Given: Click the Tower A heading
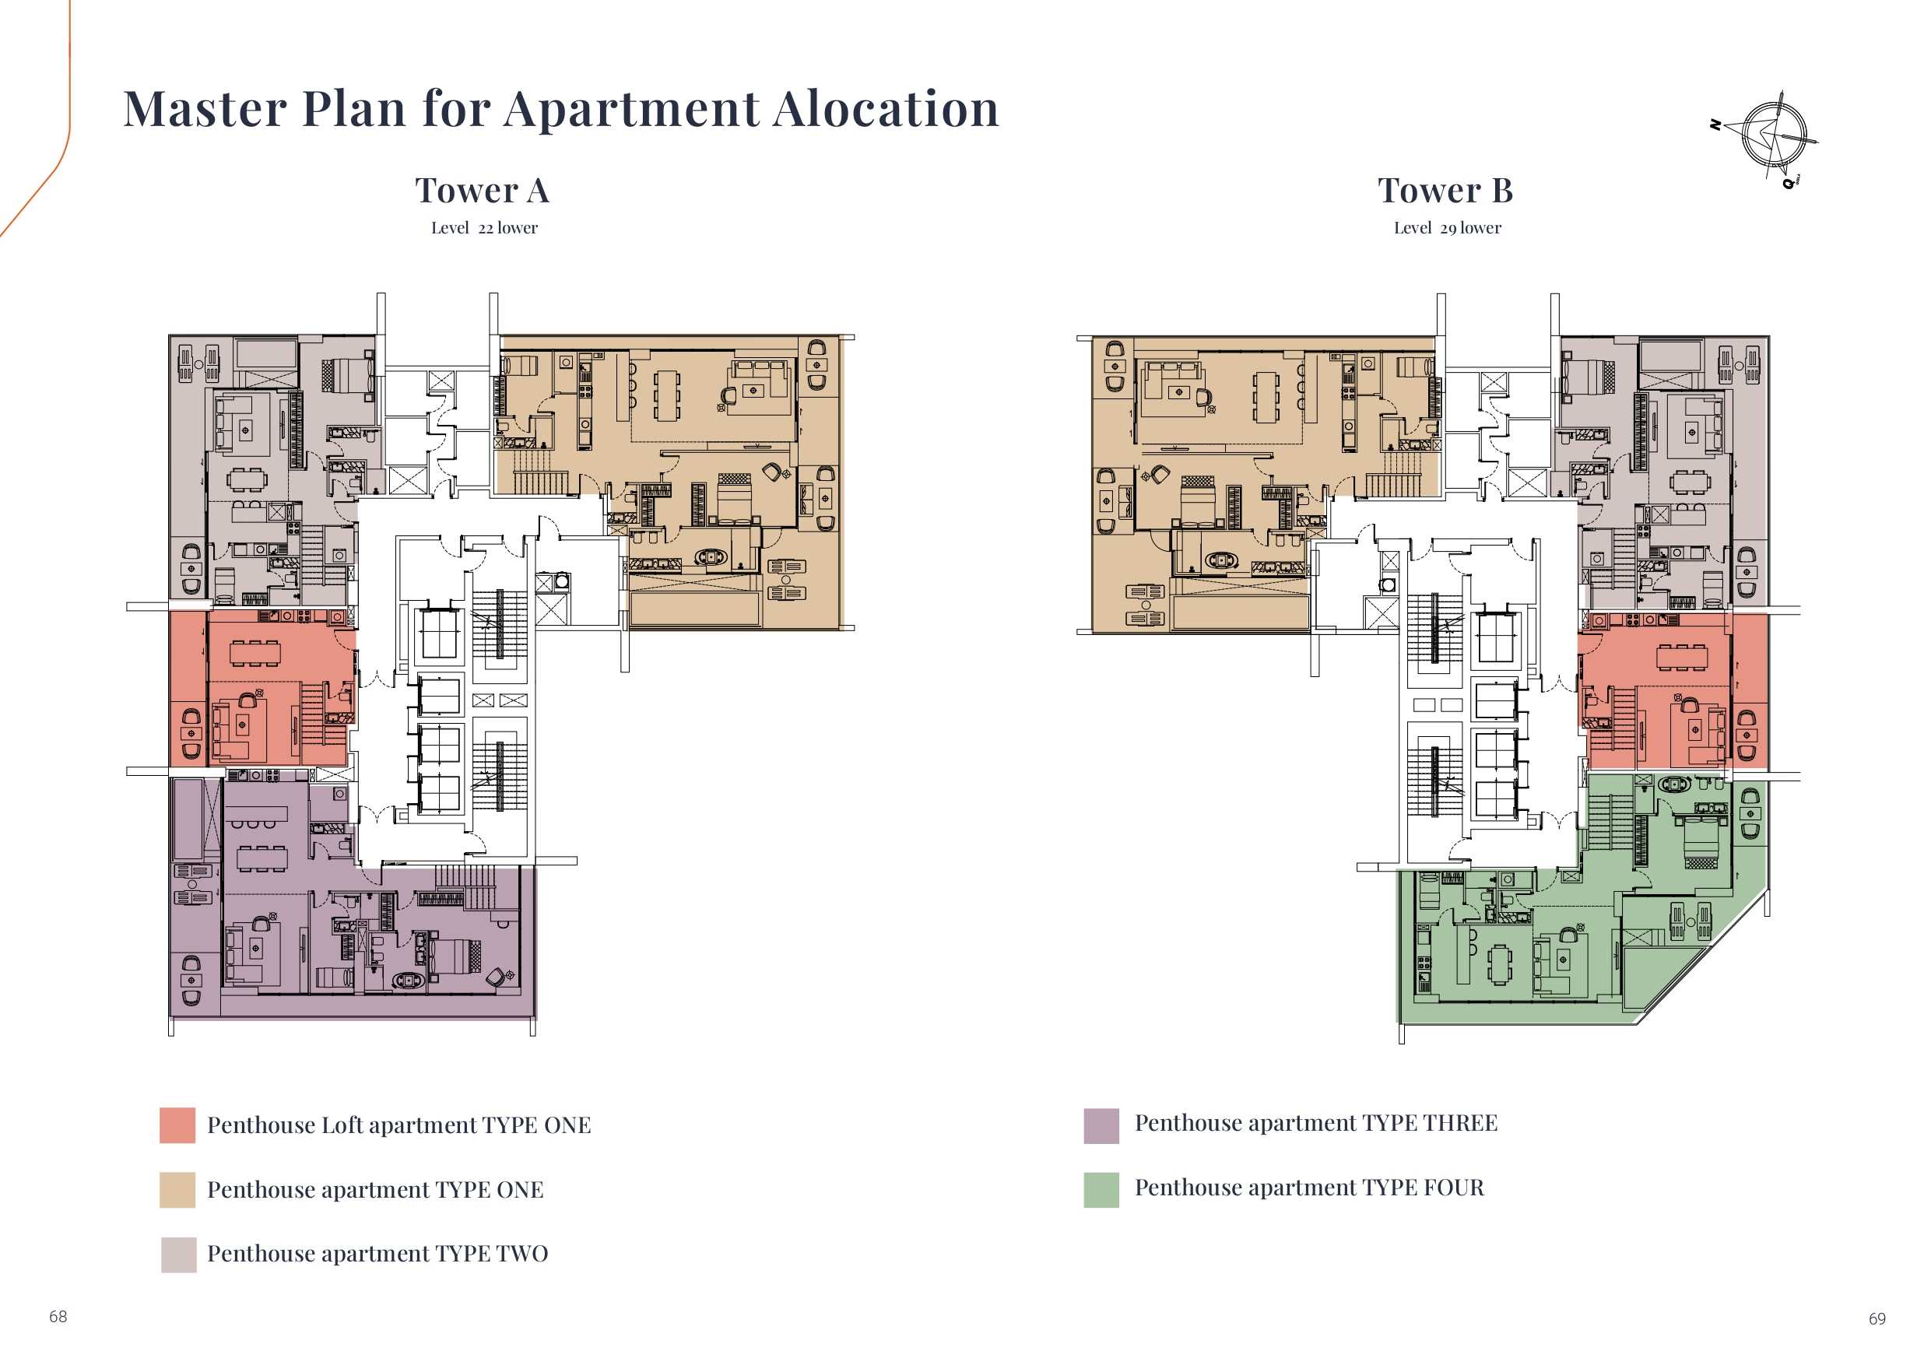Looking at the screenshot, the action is pyautogui.click(x=482, y=190).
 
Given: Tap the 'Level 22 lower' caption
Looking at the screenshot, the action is pyautogui.click(x=483, y=228).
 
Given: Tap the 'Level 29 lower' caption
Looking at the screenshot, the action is pyautogui.click(x=1447, y=228).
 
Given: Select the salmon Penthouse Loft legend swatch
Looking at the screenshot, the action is pyautogui.click(x=177, y=1125).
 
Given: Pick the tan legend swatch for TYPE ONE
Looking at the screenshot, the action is pyautogui.click(x=177, y=1190).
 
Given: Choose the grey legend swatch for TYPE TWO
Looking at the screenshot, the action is pyautogui.click(x=178, y=1254).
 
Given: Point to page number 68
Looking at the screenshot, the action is pyautogui.click(x=58, y=1316).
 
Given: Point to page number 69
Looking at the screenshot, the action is pyautogui.click(x=1877, y=1319).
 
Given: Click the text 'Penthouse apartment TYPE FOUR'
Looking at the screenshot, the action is pyautogui.click(x=1309, y=1188).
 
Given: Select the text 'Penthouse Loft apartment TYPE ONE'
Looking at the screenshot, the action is pyautogui.click(x=398, y=1125).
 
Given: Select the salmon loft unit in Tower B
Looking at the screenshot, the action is pyautogui.click(x=1673, y=690).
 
